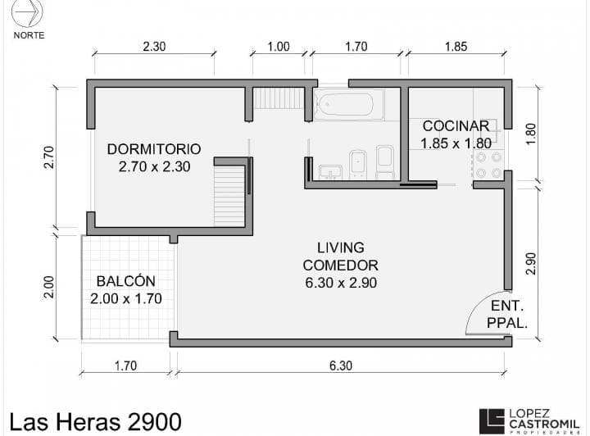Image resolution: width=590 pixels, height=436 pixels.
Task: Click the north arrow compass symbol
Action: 27,13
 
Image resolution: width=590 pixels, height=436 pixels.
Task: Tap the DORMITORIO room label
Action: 154,149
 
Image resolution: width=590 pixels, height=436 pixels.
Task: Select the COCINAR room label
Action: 456,125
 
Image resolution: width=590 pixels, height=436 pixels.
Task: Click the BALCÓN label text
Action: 125,281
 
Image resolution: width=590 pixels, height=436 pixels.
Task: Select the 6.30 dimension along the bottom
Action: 341,366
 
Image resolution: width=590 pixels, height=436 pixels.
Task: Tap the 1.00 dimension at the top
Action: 279,47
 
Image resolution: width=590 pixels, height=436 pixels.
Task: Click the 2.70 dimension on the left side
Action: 49,157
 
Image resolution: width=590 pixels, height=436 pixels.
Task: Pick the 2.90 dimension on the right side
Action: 530,263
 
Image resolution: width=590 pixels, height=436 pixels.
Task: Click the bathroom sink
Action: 330,172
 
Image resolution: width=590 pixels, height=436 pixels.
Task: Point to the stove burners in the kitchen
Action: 488,165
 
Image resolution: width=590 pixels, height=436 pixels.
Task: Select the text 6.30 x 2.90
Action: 341,283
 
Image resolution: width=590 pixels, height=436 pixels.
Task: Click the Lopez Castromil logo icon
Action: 492,421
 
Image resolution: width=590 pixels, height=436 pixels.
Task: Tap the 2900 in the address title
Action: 155,422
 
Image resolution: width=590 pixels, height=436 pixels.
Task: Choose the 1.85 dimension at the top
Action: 456,47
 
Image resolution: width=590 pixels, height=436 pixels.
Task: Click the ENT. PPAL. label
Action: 507,314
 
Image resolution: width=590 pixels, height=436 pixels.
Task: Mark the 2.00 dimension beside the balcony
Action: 49,287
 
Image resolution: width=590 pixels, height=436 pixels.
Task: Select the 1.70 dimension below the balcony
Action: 125,366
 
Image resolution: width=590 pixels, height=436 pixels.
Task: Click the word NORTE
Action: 29,35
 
